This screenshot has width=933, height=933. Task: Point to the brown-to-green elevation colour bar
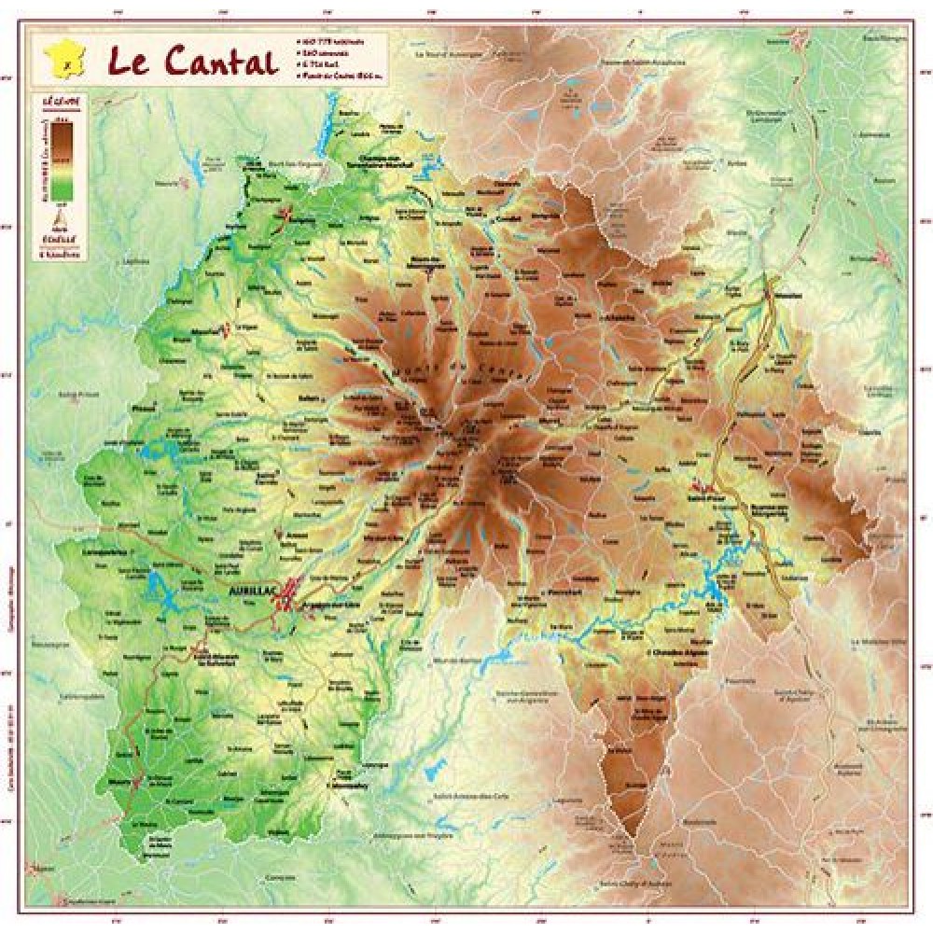pyautogui.click(x=62, y=162)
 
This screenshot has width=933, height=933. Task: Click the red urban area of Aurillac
pyautogui.click(x=286, y=594)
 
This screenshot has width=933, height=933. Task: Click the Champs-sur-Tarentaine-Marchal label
pyautogui.click(x=386, y=162)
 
